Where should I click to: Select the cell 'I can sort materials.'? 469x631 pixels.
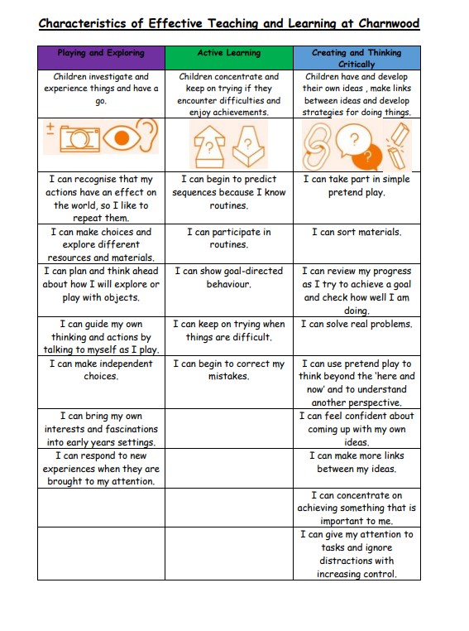tap(357, 233)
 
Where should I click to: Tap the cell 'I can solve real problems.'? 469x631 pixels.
tap(357, 325)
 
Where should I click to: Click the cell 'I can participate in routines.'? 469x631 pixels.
tap(229, 238)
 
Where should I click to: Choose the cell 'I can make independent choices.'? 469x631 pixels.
tap(101, 369)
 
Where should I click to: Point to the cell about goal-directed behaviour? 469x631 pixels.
tap(229, 277)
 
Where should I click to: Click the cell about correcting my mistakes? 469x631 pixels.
tap(229, 369)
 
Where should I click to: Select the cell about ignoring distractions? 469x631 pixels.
tap(357, 554)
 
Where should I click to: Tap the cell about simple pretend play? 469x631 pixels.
tap(357, 185)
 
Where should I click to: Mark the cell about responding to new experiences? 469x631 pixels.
tap(101, 468)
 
